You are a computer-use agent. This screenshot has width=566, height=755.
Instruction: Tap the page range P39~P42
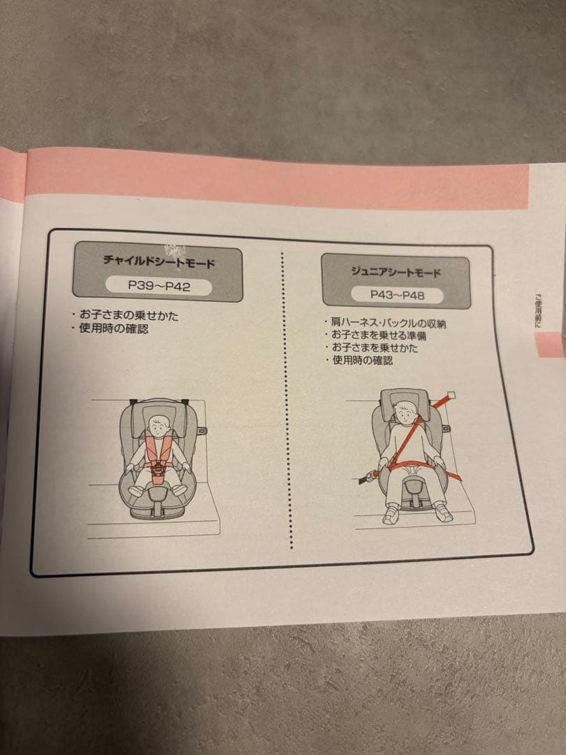pos(159,285)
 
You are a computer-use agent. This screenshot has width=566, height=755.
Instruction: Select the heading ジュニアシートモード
pos(396,271)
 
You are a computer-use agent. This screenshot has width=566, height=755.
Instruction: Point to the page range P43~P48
pos(396,295)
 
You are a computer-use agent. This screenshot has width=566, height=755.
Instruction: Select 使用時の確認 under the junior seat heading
pos(362,360)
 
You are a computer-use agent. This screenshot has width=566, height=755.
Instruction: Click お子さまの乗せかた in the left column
pos(129,316)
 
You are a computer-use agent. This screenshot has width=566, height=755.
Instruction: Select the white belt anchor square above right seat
pos(451,396)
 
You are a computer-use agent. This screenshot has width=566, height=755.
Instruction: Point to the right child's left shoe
pos(443,512)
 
